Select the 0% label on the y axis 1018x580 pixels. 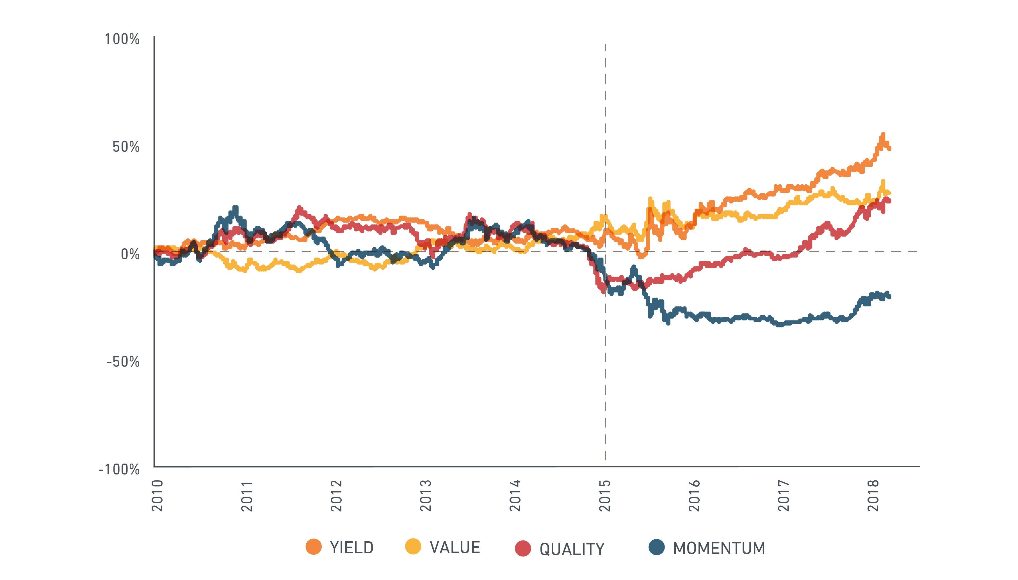[130, 254]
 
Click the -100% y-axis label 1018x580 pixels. [119, 469]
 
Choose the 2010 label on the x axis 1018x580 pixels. [158, 496]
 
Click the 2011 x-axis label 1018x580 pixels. [247, 496]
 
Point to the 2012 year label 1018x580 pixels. [337, 496]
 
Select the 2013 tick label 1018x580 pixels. [426, 496]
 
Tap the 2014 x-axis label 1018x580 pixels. [515, 496]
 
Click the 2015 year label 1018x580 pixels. [605, 496]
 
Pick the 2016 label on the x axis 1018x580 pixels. [695, 496]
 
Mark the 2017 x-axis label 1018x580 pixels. [784, 496]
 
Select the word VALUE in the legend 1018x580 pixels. [455, 548]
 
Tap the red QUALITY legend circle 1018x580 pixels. [523, 549]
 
